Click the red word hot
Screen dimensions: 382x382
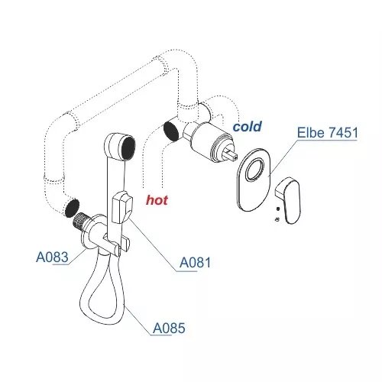pos(157,200)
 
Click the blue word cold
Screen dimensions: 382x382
pos(248,127)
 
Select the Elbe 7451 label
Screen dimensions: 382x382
pos(328,133)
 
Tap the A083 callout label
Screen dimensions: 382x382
pos(52,257)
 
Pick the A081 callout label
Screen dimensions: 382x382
pos(195,263)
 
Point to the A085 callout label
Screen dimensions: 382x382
pos(169,329)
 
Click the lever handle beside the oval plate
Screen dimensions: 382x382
pos(289,200)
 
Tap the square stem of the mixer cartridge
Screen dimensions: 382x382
pos(231,155)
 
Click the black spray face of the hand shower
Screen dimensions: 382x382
pos(128,148)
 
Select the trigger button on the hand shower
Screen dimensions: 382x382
pos(122,207)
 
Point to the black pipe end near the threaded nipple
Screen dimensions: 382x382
pos(72,208)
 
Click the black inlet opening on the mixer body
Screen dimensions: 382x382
pos(170,131)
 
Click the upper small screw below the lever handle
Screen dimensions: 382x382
pos(278,209)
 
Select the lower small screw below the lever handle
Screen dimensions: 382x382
pos(277,219)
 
